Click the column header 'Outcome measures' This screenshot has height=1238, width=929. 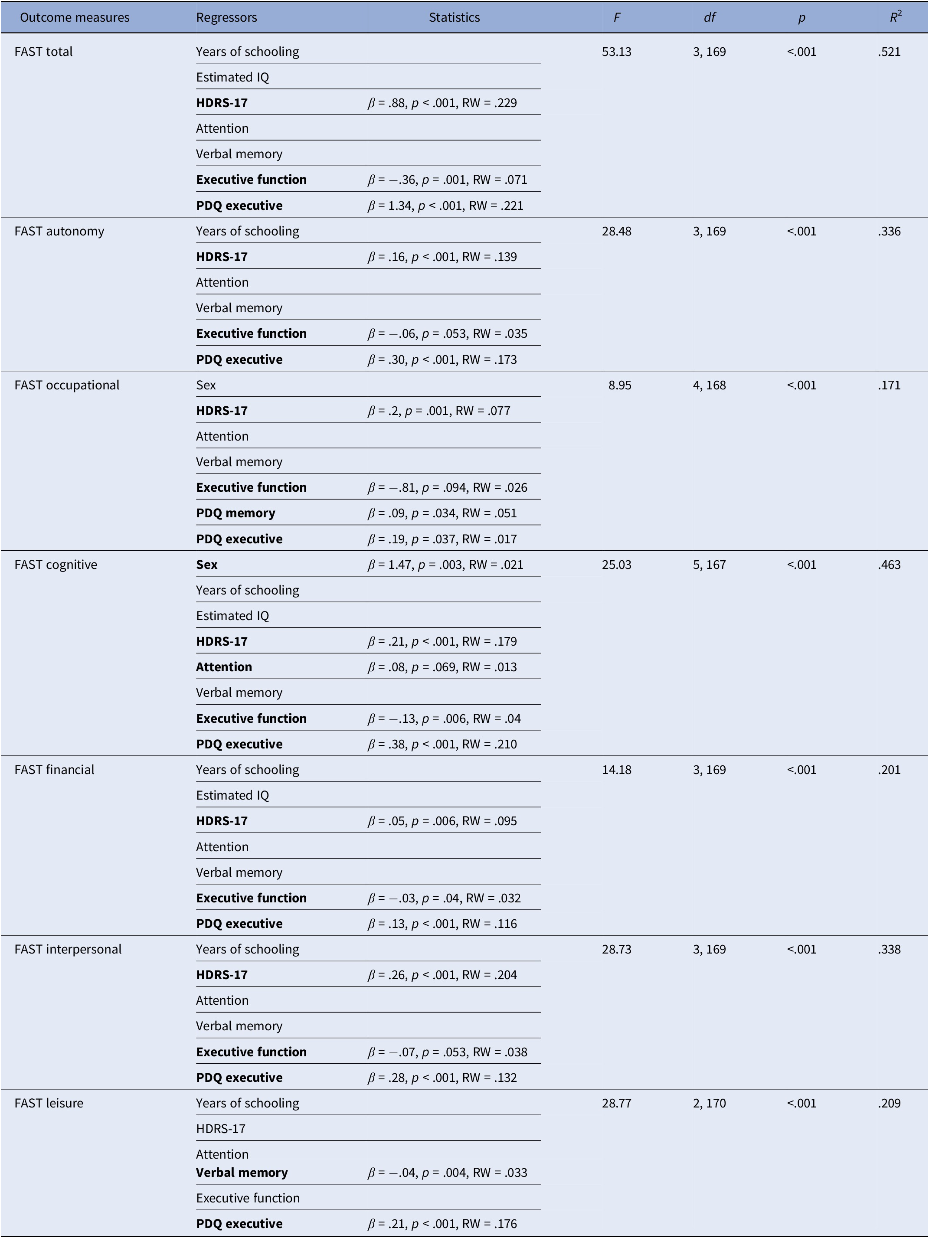(75, 17)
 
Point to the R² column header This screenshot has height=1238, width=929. (896, 17)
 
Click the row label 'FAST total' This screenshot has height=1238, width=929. (44, 52)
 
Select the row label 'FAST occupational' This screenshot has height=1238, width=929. (67, 385)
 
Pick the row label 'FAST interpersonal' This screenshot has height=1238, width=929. (68, 949)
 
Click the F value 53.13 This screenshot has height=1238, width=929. (616, 52)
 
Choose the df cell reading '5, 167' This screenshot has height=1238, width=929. (709, 565)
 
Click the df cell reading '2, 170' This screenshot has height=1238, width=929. (709, 1103)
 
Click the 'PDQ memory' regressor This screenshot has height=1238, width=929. (235, 513)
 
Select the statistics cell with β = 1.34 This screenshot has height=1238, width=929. (445, 206)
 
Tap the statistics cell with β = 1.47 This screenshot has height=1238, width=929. (445, 565)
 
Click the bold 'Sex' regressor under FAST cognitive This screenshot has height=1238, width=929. (206, 565)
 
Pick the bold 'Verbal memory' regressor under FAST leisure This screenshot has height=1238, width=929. (241, 1173)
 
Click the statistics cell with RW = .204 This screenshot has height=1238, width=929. (442, 975)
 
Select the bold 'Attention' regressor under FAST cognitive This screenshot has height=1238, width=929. (224, 667)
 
